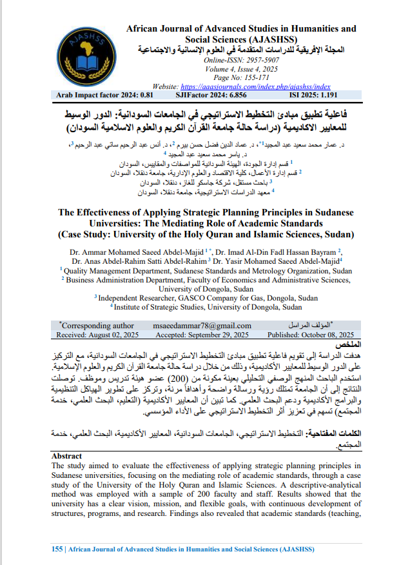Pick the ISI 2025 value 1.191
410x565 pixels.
[x=342, y=95]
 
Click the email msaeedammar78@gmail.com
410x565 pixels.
[x=203, y=326]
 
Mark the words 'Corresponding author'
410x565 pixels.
[x=98, y=326]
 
